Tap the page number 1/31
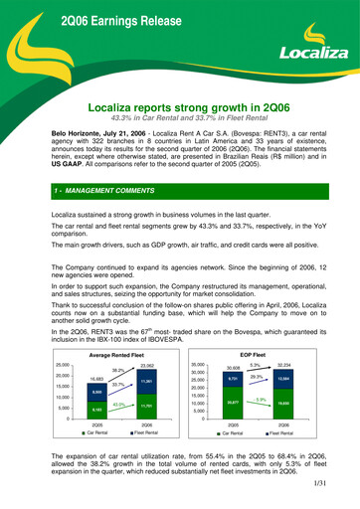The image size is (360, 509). (337, 494)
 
